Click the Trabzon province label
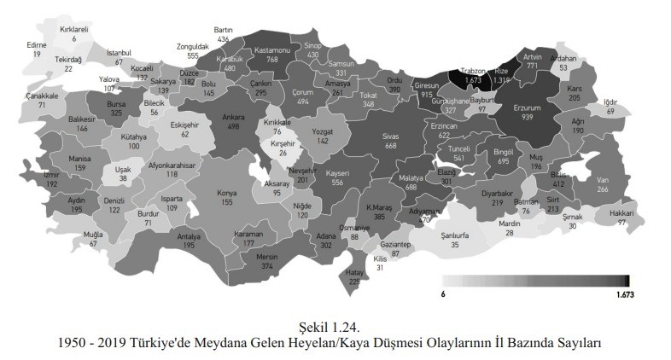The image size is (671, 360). coord(472,71)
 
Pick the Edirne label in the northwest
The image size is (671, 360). coord(37,44)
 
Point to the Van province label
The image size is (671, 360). coord(602,180)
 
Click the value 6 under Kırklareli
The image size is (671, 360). coord(74,38)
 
